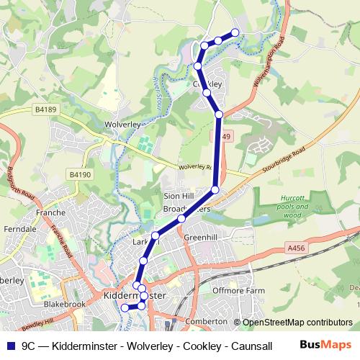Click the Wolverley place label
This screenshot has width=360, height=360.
120,124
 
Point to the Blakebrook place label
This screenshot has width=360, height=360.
64,305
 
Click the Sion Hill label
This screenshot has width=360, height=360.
180,196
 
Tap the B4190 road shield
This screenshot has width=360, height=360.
81,174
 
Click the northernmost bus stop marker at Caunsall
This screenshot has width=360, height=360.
235,32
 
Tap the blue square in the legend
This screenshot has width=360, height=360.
9,345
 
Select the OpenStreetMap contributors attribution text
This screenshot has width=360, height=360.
297,323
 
